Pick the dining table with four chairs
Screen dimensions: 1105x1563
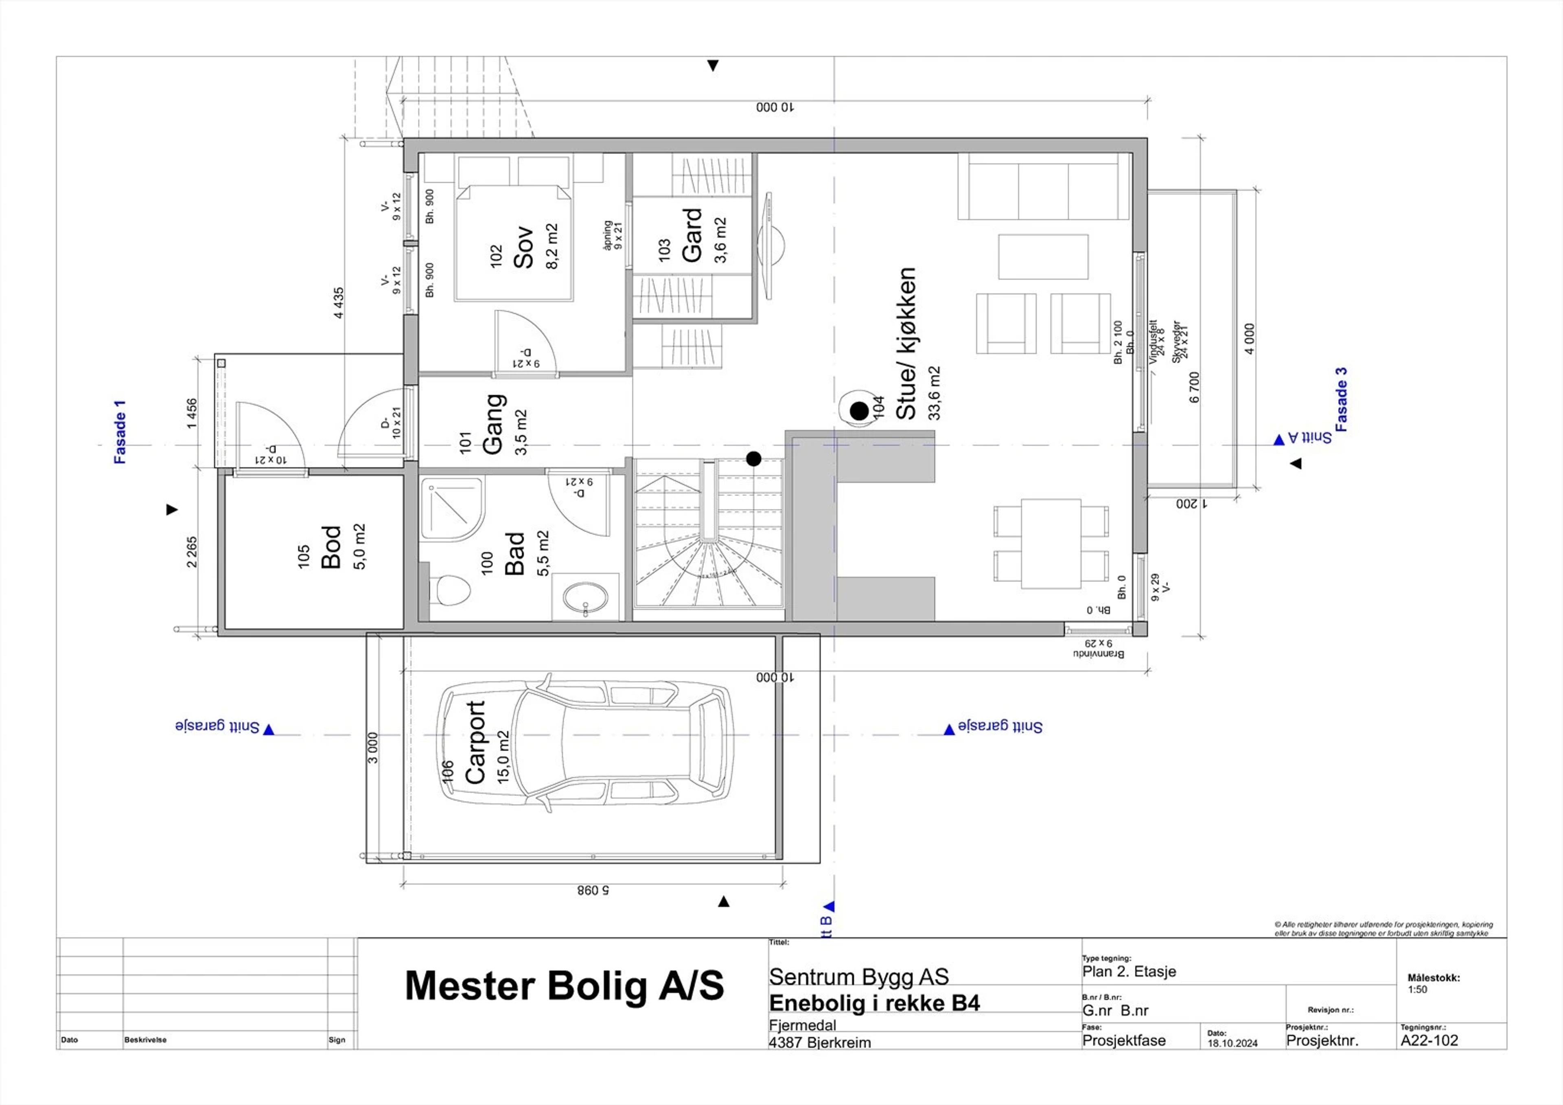[1051, 543]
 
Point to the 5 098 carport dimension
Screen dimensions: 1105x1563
[593, 890]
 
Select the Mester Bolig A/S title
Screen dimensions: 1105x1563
[564, 985]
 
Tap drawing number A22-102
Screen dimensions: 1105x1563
[1429, 1040]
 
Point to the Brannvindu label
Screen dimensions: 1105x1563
[1098, 653]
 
